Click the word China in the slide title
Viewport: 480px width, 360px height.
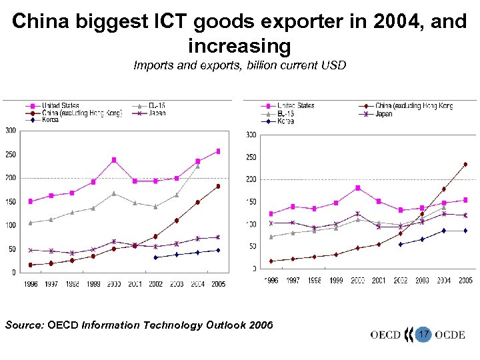coord(43,21)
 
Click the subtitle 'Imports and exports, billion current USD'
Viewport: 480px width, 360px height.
coord(239,65)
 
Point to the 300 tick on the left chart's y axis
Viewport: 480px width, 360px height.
coord(11,131)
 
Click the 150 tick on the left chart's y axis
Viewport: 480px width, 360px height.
coord(11,201)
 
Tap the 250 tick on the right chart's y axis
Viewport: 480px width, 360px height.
coord(251,157)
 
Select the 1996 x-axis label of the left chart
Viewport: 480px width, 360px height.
coord(30,284)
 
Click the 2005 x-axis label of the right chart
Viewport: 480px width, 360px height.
coord(465,281)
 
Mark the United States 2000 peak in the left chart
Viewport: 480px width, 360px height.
coord(114,160)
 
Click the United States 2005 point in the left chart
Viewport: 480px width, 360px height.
coord(217,151)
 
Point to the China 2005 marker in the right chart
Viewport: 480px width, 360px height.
coord(465,164)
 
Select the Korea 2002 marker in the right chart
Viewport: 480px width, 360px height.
coord(401,244)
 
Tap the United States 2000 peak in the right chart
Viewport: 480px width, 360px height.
coord(357,188)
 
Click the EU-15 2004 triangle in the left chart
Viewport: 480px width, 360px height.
coord(197,166)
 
